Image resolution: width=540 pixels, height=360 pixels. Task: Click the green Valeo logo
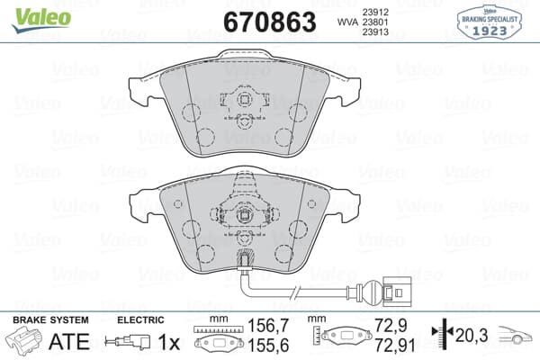click(41, 20)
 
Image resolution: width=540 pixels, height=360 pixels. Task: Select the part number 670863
click(270, 22)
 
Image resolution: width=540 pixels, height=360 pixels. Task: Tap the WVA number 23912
click(375, 12)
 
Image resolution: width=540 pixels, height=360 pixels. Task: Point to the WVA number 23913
click(375, 32)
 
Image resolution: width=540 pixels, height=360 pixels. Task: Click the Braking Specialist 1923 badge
click(490, 22)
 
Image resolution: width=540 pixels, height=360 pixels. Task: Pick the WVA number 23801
click(375, 22)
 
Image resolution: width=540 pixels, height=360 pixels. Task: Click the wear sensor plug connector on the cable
click(397, 292)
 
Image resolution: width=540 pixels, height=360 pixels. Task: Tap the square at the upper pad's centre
click(245, 100)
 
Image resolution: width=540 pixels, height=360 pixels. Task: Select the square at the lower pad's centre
click(245, 216)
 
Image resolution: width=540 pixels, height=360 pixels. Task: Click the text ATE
click(69, 341)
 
